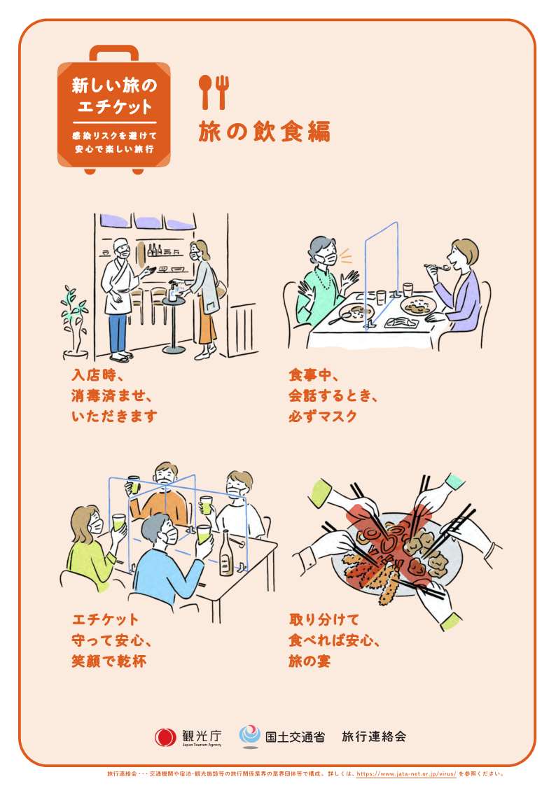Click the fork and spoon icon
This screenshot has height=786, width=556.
coord(214,92)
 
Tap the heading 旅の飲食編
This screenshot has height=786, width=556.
coord(265,132)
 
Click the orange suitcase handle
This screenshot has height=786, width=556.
coord(114,52)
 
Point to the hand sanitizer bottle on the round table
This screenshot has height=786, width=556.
coord(173,291)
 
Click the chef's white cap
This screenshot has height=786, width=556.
coord(121,244)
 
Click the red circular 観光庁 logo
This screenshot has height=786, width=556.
coord(165,737)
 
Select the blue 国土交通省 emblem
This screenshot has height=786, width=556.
coord(249,736)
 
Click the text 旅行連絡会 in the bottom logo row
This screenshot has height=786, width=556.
coord(374,736)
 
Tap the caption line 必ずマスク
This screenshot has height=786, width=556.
coord(323,416)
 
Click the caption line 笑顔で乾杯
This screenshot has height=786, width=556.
coord(109,661)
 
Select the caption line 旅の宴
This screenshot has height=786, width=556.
coord(310,661)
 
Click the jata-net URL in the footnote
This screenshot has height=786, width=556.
coord(407,774)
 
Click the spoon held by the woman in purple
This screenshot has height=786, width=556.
coord(436,267)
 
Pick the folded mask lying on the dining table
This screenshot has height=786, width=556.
coord(401,323)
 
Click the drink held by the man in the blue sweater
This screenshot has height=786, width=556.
coord(204,534)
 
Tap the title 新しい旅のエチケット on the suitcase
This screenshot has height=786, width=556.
coord(114,96)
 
